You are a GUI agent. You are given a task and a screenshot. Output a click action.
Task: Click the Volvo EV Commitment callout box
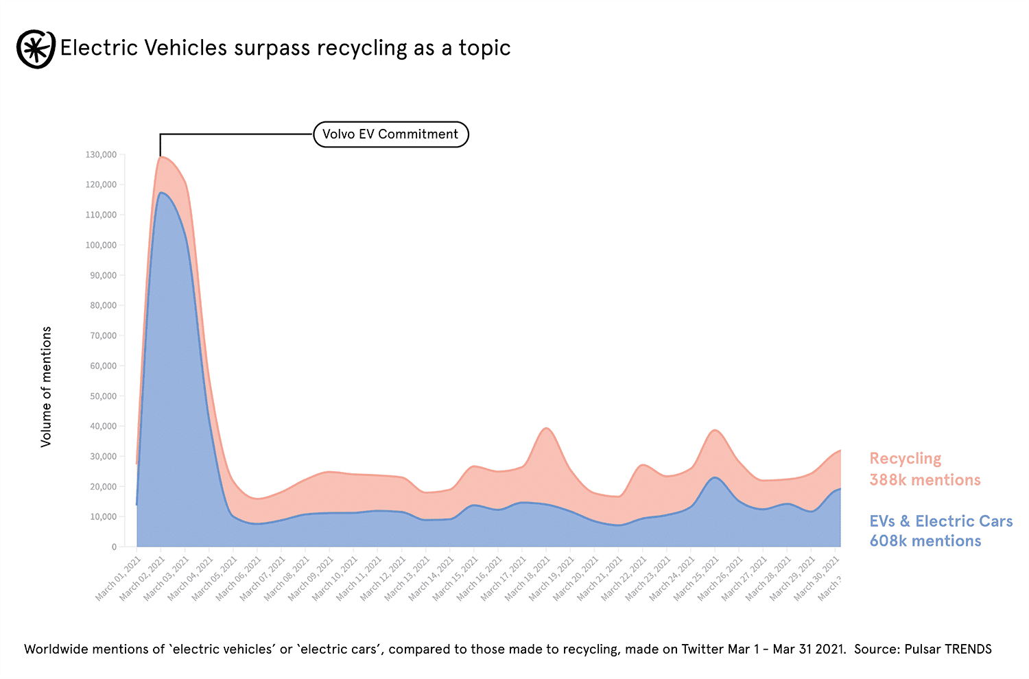(x=390, y=134)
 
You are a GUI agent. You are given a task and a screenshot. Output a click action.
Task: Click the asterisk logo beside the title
(x=36, y=49)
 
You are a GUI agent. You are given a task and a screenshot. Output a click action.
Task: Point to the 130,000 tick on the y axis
(x=101, y=155)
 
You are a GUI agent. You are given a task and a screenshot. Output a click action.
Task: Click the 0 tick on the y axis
(x=114, y=547)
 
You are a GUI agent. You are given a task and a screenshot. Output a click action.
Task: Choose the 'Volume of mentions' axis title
(x=47, y=387)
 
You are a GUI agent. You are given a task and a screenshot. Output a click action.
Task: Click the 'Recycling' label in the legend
(x=905, y=459)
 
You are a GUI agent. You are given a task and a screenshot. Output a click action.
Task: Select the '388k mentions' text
(x=925, y=480)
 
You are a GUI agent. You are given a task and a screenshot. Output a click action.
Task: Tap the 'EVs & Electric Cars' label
(x=941, y=521)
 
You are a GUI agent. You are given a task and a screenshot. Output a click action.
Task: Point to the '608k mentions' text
(x=925, y=541)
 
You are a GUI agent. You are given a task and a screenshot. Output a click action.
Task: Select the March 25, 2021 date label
(x=697, y=579)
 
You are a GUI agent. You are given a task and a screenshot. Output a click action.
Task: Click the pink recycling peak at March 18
(x=546, y=428)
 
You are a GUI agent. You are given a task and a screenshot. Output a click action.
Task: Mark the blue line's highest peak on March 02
(x=161, y=193)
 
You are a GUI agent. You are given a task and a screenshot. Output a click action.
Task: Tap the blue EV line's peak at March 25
(x=715, y=477)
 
